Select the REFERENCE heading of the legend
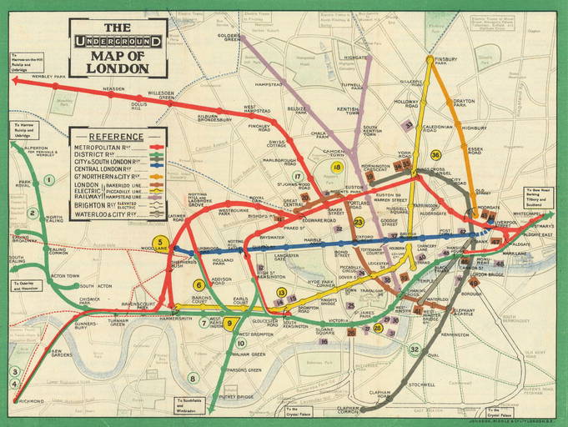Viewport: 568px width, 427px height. pos(116,136)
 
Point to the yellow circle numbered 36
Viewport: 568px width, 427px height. pos(435,155)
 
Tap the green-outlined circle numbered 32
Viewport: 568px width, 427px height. pos(415,349)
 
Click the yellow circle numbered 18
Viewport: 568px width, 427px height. pos(336,167)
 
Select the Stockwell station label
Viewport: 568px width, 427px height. pos(422,384)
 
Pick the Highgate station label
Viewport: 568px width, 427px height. pos(355,58)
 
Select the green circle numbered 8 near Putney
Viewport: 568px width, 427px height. pos(193,378)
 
